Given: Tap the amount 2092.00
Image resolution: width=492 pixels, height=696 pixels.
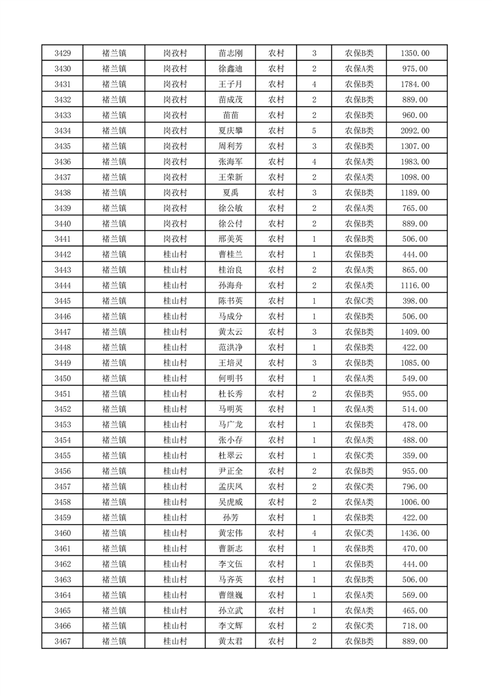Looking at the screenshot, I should [415, 131].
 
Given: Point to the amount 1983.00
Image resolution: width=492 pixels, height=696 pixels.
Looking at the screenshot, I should [415, 162].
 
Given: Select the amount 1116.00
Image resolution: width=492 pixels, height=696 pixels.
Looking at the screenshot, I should [415, 285].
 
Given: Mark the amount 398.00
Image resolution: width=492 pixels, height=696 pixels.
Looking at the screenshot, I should [415, 301].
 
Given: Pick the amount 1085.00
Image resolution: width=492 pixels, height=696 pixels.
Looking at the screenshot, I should [415, 363].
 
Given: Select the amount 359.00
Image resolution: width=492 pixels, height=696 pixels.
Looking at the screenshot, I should [415, 456].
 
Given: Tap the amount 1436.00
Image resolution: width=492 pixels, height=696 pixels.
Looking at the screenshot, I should [415, 533].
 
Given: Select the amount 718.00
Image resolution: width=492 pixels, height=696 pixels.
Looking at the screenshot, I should [415, 626].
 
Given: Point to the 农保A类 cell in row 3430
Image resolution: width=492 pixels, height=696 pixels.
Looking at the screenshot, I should [359, 69].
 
